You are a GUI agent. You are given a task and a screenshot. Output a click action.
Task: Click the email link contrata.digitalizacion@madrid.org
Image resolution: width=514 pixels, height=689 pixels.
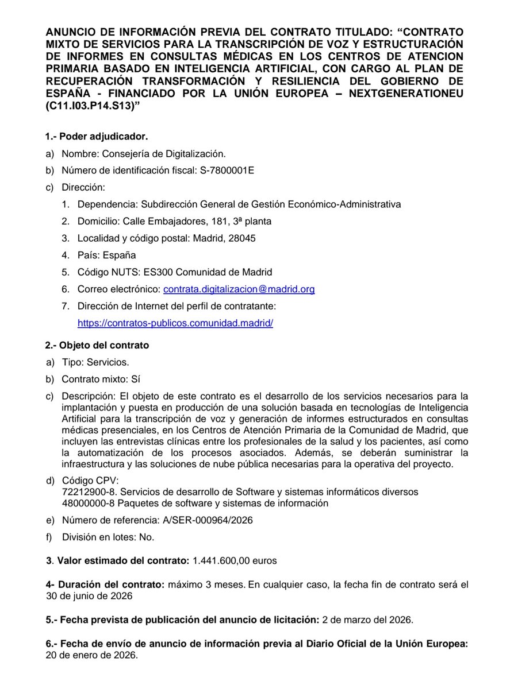click(x=239, y=289)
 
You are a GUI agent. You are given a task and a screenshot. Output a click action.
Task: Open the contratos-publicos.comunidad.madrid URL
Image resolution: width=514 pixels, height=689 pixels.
click(x=175, y=323)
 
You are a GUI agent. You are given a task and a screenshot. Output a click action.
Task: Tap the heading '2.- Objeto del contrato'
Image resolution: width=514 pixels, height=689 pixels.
click(x=97, y=345)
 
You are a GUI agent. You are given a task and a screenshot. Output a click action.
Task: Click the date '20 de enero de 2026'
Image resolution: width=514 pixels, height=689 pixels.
click(x=91, y=655)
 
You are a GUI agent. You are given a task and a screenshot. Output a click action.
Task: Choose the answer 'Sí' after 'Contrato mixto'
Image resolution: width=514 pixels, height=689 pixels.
click(x=136, y=380)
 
